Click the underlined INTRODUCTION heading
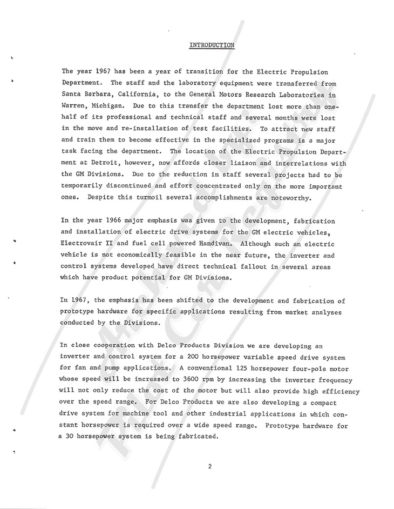coord(212,45)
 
